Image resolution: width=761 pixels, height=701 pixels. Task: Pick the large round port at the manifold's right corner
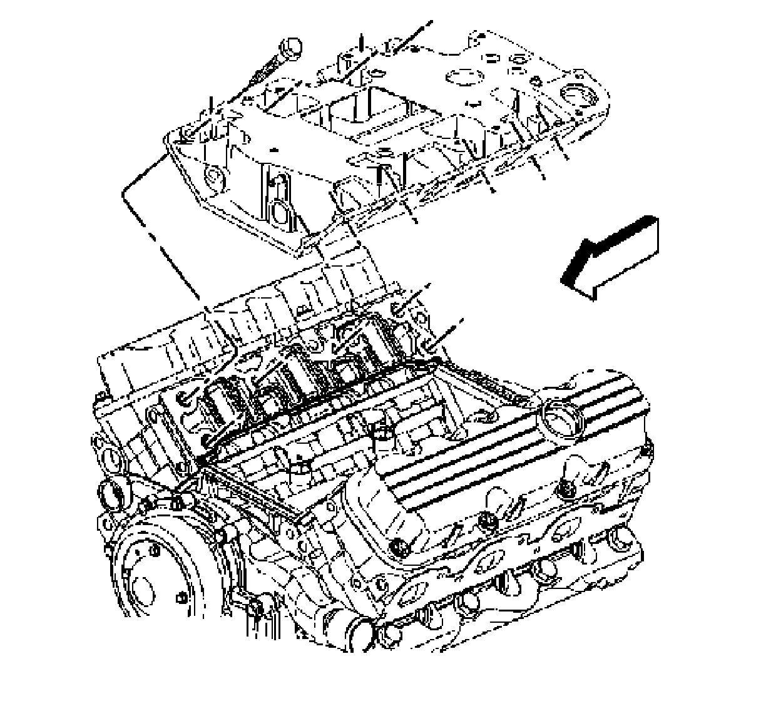coord(575,95)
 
